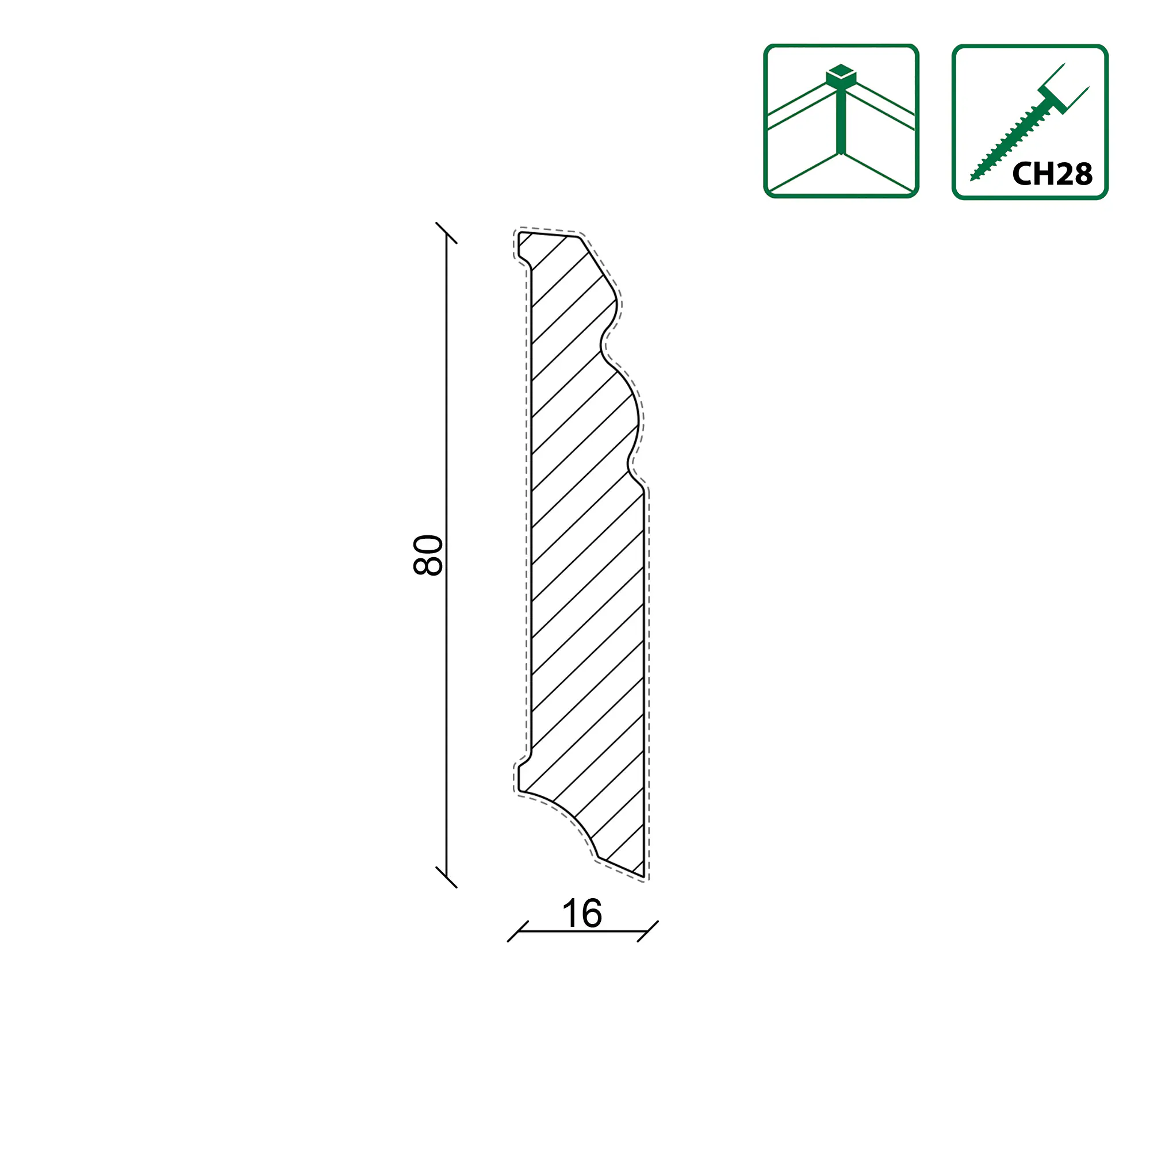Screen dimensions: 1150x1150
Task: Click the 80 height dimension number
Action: point(428,555)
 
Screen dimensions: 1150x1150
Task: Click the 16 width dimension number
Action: point(581,914)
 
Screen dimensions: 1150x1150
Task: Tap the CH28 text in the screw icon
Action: point(1052,174)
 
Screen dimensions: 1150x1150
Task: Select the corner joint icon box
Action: point(841,121)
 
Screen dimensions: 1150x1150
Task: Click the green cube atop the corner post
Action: point(841,75)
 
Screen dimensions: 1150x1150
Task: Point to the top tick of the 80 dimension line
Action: point(446,233)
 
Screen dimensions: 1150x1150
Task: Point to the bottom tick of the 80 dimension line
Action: point(446,877)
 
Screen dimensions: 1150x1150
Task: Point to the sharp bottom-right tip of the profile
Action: point(643,875)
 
